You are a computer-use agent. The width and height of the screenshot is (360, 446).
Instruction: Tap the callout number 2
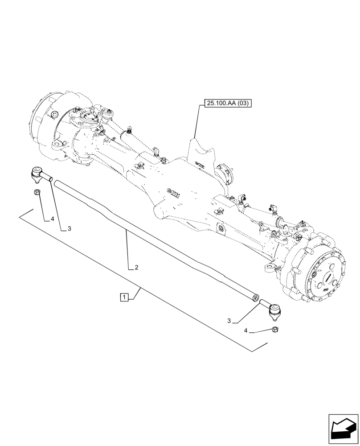pos(136,268)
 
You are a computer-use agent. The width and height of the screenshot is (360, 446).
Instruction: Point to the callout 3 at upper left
pos(69,228)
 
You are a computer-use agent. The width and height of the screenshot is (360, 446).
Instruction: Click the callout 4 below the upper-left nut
pos(52,219)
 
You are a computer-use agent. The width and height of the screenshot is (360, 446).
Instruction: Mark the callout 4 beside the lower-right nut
pos(246,331)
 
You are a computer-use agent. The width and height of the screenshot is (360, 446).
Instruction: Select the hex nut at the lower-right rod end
pos(275,330)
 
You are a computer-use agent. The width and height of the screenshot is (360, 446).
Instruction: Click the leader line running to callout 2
pos(127,250)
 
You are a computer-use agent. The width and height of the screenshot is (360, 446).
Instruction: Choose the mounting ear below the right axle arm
pos(270,268)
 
